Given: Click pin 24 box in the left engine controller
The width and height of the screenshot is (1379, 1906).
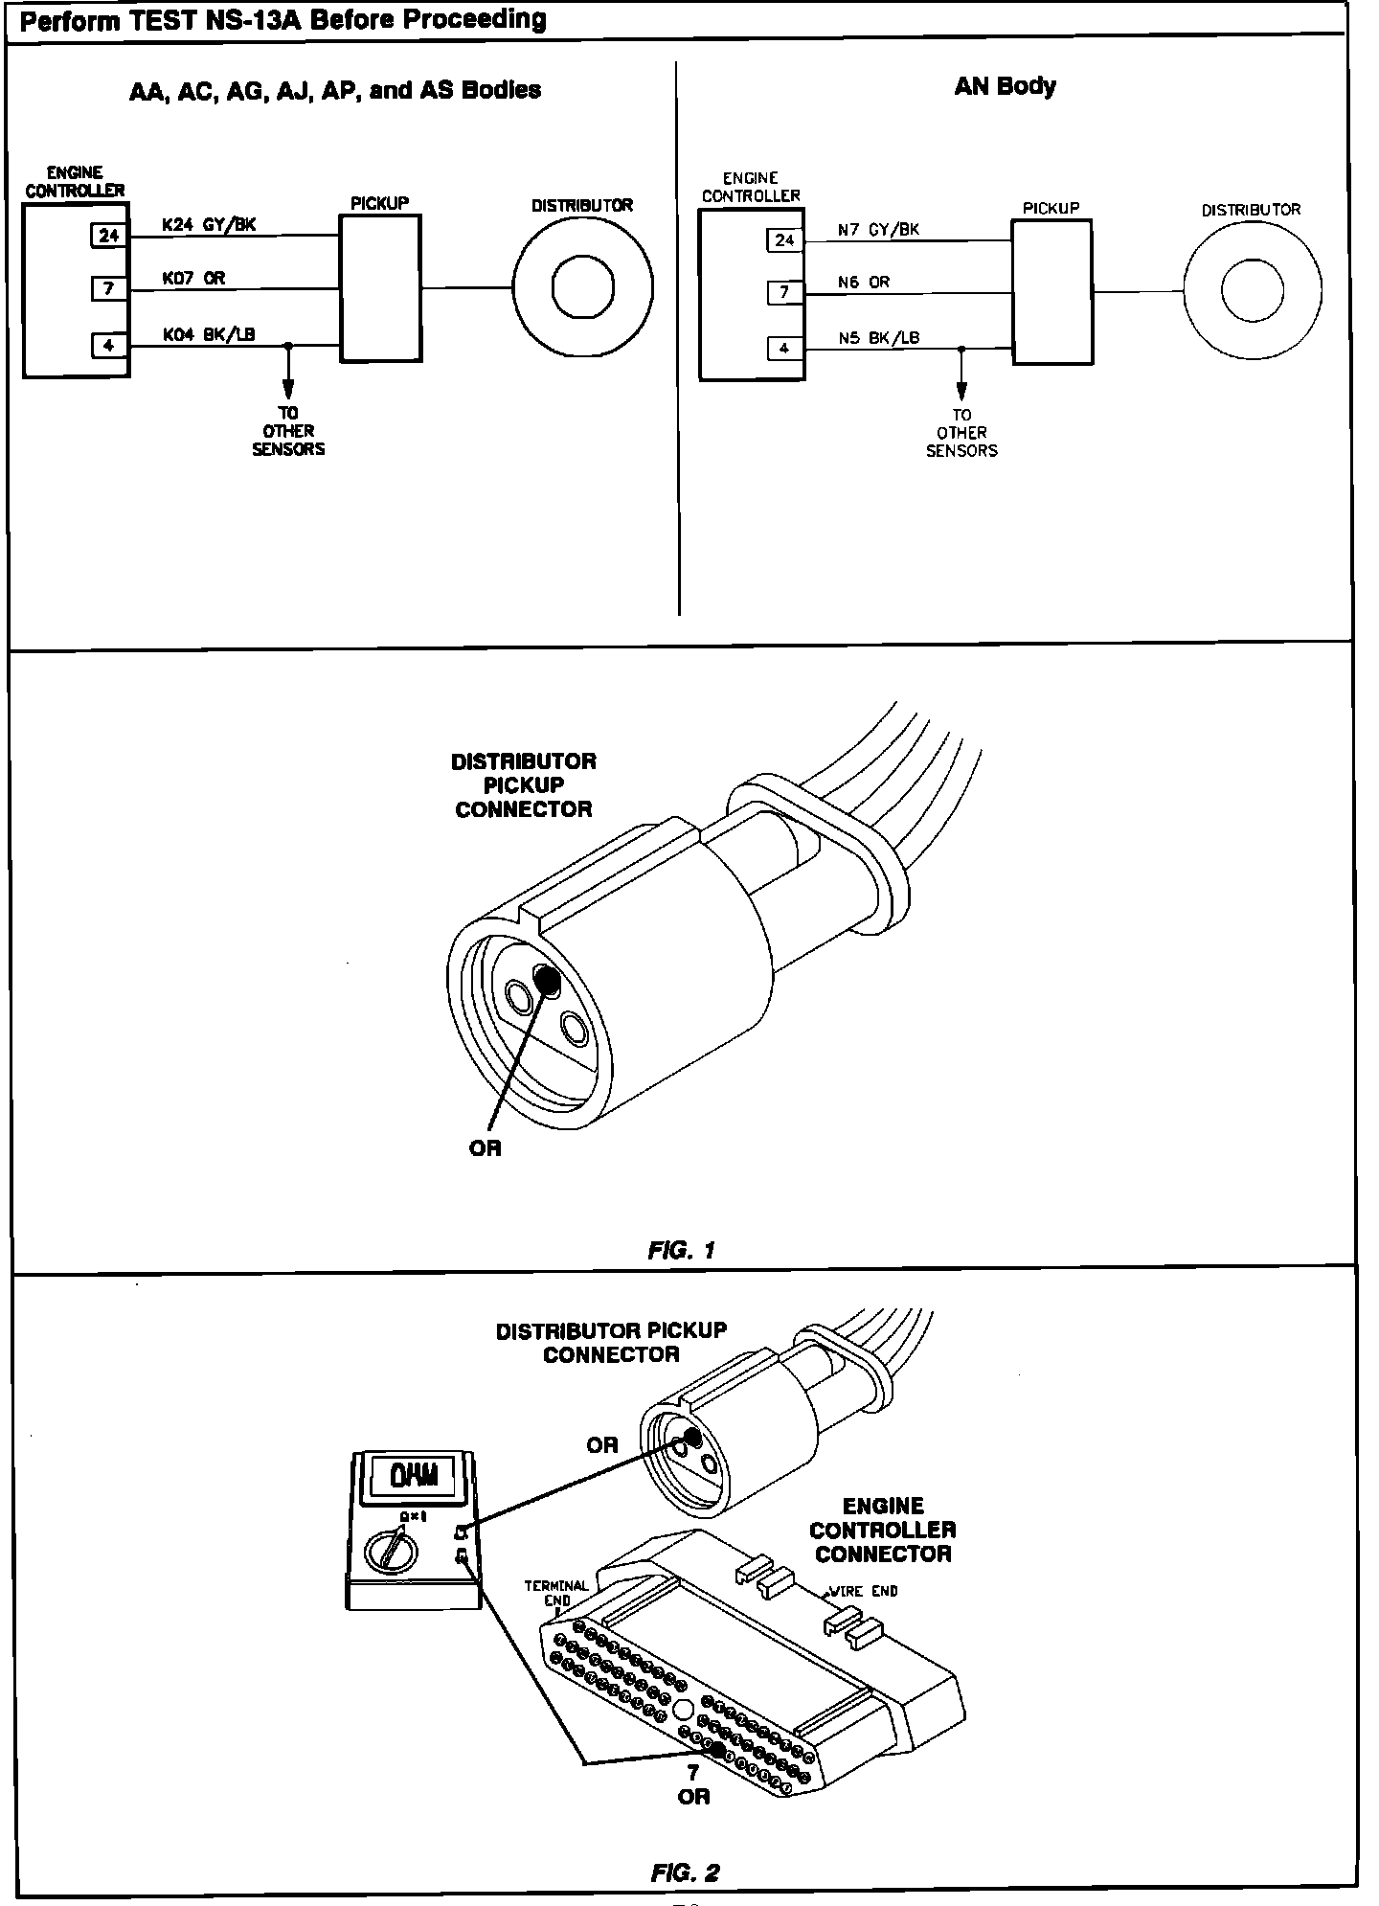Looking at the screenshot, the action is coord(108,235).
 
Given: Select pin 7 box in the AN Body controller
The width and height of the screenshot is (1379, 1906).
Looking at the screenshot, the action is coord(783,292).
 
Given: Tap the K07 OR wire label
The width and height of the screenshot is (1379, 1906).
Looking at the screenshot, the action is coord(193,279).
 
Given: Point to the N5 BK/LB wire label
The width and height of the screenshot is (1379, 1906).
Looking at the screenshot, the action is coord(878,337).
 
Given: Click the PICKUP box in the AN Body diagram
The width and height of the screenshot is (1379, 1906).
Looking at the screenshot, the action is coord(1051,292).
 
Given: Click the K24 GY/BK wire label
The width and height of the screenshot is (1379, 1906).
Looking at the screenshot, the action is coord(209,225).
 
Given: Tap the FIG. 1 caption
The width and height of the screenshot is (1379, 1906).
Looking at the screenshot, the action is coord(682,1250).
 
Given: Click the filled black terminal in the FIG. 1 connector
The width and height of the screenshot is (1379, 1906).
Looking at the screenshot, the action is coord(547,979).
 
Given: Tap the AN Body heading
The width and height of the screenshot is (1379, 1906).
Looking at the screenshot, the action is coord(1005,86).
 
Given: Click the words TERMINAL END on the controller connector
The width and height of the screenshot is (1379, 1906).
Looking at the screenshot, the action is coord(555,1592).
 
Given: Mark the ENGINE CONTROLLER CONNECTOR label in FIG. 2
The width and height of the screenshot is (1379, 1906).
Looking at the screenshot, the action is coord(883,1530).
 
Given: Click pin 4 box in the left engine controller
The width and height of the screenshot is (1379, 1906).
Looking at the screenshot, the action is coord(108,345).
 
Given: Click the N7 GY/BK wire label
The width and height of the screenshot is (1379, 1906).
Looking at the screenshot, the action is coord(878,230).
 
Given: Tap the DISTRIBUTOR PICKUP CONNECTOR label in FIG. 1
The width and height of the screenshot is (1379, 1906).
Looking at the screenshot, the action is coord(524,785).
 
